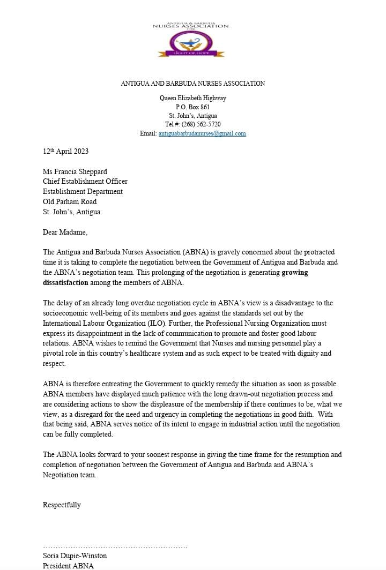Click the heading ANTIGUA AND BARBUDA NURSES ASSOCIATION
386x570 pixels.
coord(192,84)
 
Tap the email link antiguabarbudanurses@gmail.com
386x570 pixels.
coord(202,133)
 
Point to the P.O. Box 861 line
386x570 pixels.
coord(192,107)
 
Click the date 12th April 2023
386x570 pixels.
coord(66,152)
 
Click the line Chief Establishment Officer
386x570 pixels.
coord(85,182)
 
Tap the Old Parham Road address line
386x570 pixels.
coord(70,201)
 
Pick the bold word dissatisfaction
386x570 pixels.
coord(65,282)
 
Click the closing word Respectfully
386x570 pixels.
coord(62,505)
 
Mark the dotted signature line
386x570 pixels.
coord(115,547)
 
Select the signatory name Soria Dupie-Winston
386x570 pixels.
coord(75,556)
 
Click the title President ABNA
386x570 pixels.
coord(68,566)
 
